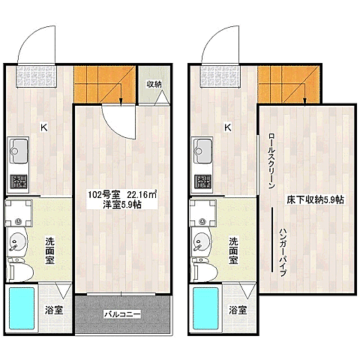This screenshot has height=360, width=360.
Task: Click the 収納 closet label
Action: [x=154, y=84]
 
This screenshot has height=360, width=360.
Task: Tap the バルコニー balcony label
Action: [x=122, y=314]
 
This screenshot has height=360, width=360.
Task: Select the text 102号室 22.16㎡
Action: [x=122, y=194]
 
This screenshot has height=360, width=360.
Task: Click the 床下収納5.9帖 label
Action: [x=315, y=199]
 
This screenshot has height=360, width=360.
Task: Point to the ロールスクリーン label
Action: [x=271, y=161]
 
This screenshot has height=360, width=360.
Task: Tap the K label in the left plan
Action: [x=44, y=127]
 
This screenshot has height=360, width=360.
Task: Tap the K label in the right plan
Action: [x=228, y=127]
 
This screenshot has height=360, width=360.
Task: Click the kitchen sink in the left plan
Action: [x=18, y=151]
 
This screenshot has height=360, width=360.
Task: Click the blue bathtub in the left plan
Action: [x=22, y=308]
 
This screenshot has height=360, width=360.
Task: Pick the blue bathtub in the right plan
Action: [x=205, y=308]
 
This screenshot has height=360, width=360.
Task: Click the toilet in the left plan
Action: [x=20, y=271]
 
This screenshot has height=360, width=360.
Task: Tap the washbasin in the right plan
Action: [x=201, y=242]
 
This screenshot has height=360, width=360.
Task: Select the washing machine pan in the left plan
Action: [x=19, y=213]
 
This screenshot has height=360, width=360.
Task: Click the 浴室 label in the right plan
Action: [x=238, y=310]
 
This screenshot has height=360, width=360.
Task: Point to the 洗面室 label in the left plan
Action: [x=49, y=250]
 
